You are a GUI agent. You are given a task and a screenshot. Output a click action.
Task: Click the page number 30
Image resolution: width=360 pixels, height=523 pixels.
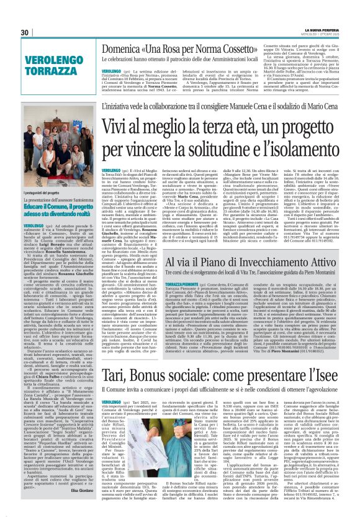coord(25,32)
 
